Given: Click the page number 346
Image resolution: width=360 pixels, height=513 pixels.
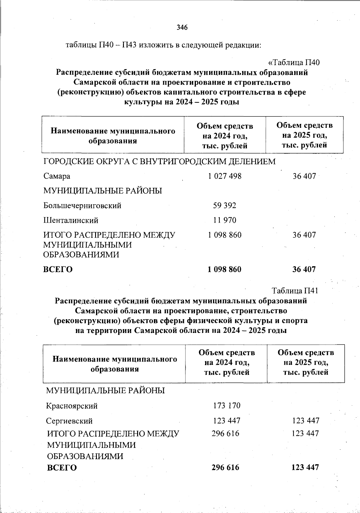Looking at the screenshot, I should coord(182,28).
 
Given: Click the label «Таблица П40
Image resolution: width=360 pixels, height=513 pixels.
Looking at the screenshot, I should coord(294,62).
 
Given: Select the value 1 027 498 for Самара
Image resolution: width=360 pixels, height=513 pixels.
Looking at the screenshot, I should coord(225,176).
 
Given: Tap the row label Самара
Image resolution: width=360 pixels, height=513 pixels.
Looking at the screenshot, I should coord(57,176).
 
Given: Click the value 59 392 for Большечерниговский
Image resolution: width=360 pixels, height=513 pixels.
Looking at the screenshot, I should coord(225,205).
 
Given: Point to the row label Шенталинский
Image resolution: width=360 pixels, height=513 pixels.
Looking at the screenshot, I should coord(71,220).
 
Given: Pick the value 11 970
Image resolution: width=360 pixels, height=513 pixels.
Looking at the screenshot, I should coord(225,220).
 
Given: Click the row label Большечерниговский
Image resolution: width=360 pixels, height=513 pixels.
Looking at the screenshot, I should coord(82,205).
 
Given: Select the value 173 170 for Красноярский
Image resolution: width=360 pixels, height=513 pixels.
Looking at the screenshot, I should coord(227,406).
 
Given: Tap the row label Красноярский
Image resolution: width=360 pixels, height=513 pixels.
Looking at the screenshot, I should coord(72,406).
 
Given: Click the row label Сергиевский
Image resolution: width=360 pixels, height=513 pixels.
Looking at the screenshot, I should coord(69,421).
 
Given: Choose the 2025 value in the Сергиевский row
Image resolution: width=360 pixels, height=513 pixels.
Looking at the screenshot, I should coord(306,421).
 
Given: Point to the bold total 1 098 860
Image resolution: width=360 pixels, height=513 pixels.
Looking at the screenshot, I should coord(224,269).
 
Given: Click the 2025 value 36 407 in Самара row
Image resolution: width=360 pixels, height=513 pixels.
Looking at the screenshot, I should coord(304,176).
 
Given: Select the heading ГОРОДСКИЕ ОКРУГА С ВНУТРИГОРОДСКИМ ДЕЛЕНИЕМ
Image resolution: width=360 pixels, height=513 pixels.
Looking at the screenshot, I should coord(160,162).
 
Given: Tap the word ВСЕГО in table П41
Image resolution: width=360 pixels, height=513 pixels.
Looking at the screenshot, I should coord(62,468).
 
